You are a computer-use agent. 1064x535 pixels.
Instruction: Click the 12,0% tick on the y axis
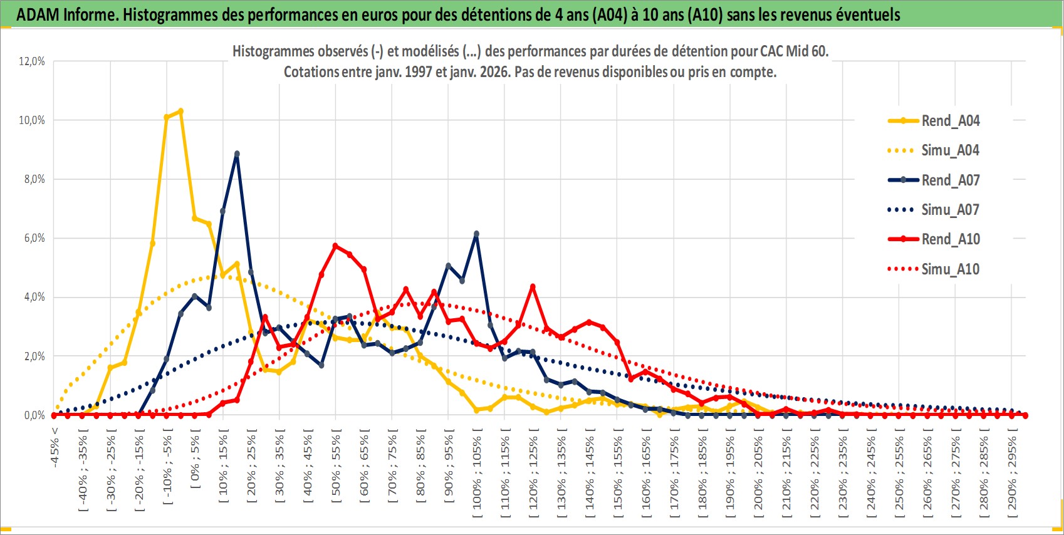click(32, 61)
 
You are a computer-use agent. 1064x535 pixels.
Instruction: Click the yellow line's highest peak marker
click(180, 112)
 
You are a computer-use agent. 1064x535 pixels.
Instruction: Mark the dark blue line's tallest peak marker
click(237, 153)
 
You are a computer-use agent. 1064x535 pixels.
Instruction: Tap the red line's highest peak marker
click(335, 246)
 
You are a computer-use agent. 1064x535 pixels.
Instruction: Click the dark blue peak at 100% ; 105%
click(477, 234)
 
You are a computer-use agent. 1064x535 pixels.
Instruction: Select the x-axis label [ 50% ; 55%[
click(336, 467)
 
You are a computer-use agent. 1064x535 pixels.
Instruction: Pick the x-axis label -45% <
click(55, 448)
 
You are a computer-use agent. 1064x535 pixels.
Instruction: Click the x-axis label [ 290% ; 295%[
click(1013, 473)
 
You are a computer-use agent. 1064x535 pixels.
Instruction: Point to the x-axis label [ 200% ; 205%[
click(759, 473)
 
